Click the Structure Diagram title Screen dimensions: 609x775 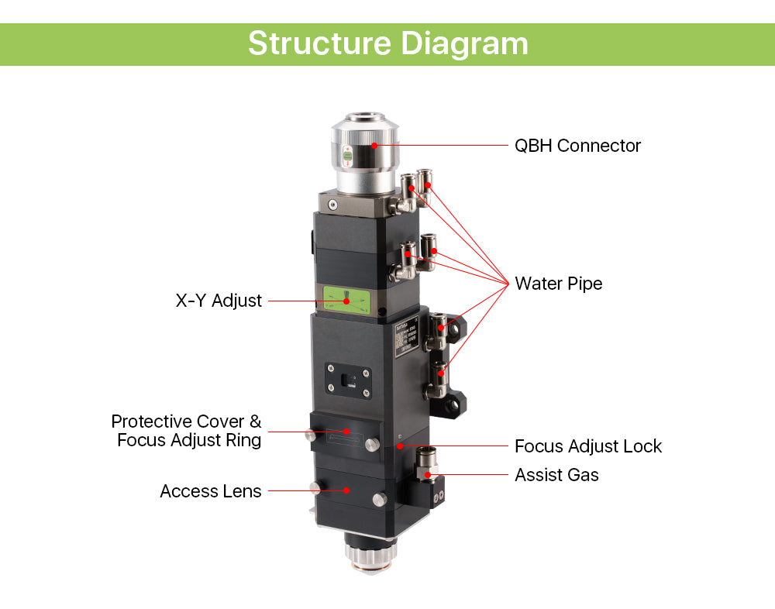coord(387,43)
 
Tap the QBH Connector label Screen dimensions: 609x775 coord(577,146)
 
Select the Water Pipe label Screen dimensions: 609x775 coord(558,284)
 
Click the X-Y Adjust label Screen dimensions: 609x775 coord(219,301)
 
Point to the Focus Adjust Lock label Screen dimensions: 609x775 coord(587,446)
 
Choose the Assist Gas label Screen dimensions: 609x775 coord(556,475)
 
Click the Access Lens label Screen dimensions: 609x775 coord(210,491)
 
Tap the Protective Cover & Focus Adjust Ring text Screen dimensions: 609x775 coord(187,431)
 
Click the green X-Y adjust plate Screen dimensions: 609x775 coord(347,299)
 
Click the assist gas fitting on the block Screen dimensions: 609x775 coord(425,465)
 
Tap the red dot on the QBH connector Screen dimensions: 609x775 coord(375,144)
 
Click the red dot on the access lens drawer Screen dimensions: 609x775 coord(347,490)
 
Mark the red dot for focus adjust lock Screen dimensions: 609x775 coord(399,446)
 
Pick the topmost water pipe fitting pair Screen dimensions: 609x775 coord(415,186)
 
